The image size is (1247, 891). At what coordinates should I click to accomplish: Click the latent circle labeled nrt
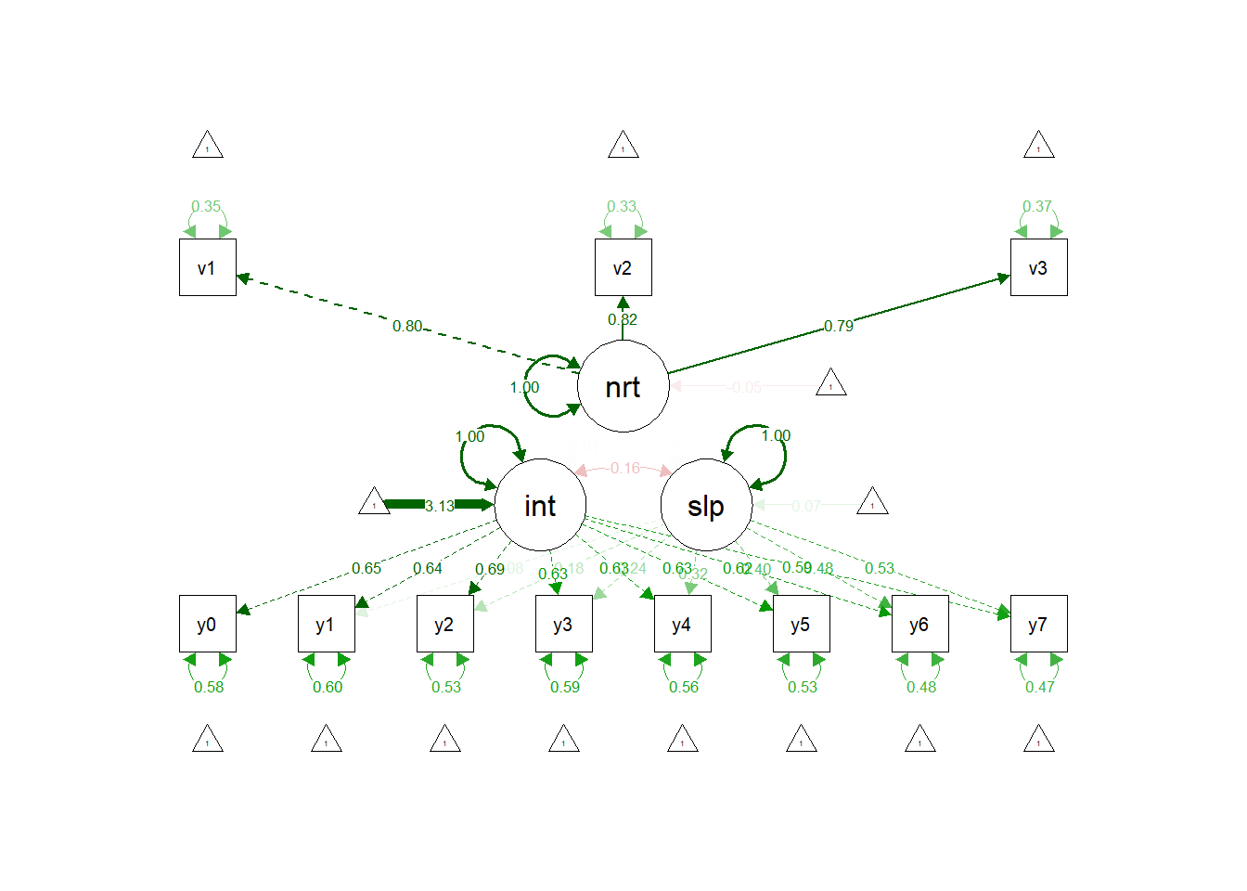point(623,386)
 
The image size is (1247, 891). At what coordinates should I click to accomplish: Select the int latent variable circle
point(540,506)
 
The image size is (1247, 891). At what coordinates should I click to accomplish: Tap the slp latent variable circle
point(705,506)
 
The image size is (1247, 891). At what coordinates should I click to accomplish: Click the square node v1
point(207,267)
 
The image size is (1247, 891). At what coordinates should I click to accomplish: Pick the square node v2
point(623,267)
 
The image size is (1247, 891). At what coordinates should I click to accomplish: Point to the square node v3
point(1038,267)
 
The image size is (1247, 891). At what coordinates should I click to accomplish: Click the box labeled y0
point(207,624)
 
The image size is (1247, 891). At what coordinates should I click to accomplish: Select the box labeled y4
point(682,624)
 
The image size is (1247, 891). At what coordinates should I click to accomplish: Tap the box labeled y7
point(1038,624)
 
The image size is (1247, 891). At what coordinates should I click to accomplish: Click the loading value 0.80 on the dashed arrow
point(406,326)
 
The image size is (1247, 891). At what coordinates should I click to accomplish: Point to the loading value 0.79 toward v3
point(838,326)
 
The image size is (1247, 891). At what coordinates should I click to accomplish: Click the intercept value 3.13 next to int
point(439,506)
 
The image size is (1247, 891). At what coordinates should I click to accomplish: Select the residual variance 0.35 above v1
point(206,206)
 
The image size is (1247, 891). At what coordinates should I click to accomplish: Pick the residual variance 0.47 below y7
point(1039,687)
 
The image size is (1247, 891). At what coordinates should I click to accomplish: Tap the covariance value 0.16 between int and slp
point(624,468)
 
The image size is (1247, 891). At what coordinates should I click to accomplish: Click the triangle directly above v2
point(623,146)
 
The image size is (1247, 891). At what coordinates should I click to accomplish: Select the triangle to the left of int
point(374,502)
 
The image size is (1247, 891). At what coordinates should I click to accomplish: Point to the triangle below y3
point(563,740)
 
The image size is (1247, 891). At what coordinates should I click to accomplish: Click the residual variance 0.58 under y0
point(209,687)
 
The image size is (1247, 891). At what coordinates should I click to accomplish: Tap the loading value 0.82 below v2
point(623,319)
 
